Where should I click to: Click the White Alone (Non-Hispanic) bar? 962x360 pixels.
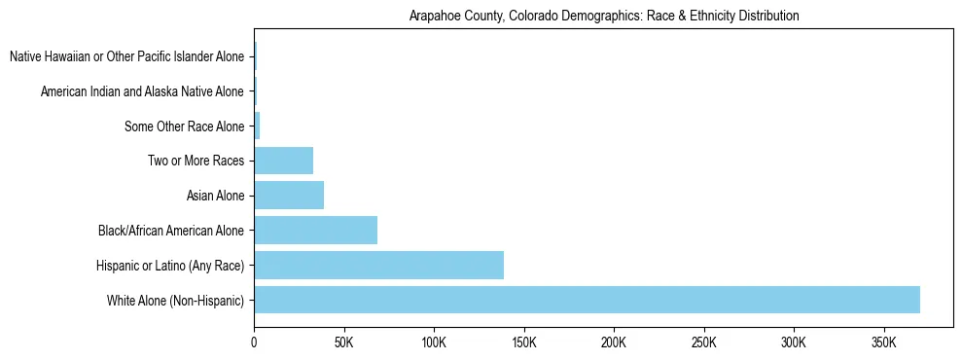pos(587,300)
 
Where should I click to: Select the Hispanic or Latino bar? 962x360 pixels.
pos(379,265)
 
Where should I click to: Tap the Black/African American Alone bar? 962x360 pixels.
pos(316,231)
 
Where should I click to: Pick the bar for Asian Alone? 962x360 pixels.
pos(289,196)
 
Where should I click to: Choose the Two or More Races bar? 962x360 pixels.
pos(284,161)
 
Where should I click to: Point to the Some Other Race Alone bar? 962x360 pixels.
pos(257,126)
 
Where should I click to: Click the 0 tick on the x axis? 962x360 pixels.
pos(254,342)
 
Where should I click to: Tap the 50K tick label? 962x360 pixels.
pos(343,342)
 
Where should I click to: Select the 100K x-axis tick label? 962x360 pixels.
pos(434,342)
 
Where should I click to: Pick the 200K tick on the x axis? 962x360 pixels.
pos(614,342)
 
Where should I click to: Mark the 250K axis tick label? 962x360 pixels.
pos(703,342)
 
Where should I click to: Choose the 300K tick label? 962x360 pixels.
pos(794,342)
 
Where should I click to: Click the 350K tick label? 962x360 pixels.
pos(883,342)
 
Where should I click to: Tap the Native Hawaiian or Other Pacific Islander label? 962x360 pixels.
pos(127,56)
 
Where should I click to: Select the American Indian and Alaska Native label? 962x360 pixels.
pos(143,91)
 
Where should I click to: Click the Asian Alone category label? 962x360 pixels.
pos(215,197)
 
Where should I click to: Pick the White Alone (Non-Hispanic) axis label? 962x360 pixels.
pos(175,301)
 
